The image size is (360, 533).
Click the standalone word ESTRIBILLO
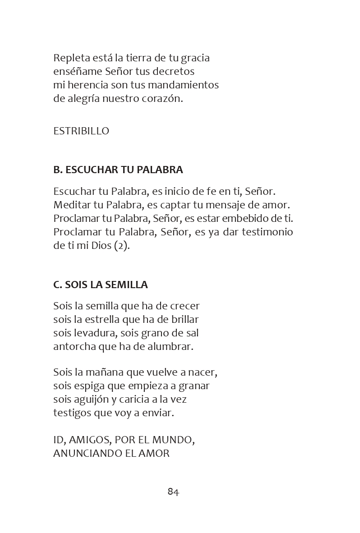coord(81,131)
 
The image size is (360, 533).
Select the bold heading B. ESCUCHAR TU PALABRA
coord(118,170)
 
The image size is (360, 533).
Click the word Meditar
coord(72,205)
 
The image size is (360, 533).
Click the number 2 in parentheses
coord(122,246)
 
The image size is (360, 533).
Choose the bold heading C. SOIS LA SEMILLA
coord(101,285)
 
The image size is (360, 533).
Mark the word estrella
coord(102,320)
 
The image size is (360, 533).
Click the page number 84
coord(173,492)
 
